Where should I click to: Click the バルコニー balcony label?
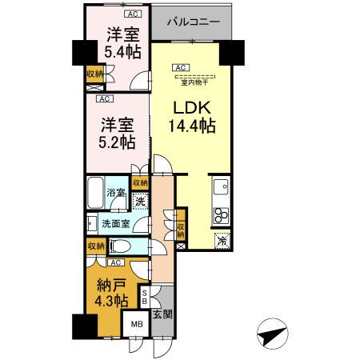point(193,22)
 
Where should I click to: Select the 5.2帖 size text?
point(117,141)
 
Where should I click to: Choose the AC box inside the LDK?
point(181,67)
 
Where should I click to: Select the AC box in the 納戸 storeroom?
point(115,262)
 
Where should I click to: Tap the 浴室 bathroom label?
point(115,193)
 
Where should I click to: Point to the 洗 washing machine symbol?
point(139,202)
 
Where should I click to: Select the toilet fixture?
point(120,246)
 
